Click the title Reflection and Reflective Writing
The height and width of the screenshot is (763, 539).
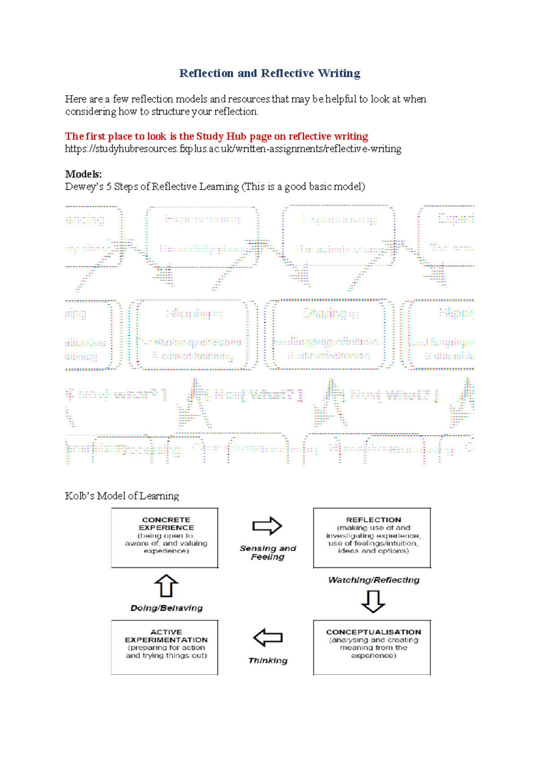point(269,73)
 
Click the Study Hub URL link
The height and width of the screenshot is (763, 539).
point(233,149)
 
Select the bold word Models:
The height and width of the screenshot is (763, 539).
point(84,174)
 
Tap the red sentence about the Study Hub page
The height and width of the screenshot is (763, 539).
point(216,136)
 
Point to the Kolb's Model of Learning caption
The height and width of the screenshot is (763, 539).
point(122,496)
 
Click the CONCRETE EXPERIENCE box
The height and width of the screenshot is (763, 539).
point(165,538)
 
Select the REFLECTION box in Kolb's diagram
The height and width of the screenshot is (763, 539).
point(372,538)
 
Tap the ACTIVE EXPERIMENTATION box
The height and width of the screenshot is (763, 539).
point(165,647)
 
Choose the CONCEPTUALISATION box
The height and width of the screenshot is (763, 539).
point(372,647)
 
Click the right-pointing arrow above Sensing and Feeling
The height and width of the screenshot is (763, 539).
point(267,526)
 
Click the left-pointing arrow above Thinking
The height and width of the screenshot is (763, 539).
point(268,637)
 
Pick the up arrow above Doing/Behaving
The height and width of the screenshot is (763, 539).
point(166,586)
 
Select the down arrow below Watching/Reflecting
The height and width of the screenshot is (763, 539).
point(373,601)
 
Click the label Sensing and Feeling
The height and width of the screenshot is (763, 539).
point(268,552)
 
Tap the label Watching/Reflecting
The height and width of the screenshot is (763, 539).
point(374,580)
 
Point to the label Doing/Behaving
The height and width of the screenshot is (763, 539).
point(167,608)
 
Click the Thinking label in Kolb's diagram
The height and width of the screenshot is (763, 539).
point(268,661)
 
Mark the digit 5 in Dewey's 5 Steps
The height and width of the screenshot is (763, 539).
point(109,186)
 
